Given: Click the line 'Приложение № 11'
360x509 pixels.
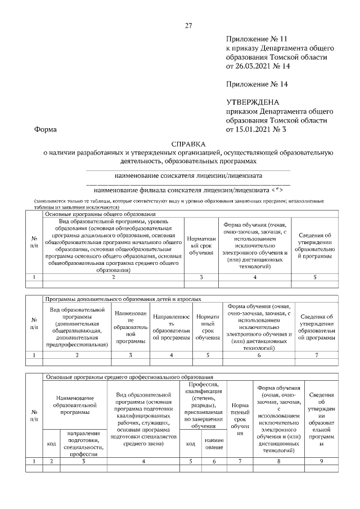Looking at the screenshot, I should pyautogui.click(x=256, y=39).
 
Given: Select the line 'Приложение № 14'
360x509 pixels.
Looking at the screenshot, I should pyautogui.click(x=256, y=84).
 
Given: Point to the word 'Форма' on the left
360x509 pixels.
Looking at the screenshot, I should pyautogui.click(x=46, y=129).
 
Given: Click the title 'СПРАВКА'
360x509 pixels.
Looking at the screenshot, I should pyautogui.click(x=188, y=144).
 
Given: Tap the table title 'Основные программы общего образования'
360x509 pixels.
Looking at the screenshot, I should pyautogui.click(x=100, y=214).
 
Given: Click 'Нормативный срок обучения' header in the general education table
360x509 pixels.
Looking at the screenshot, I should pyautogui.click(x=201, y=246).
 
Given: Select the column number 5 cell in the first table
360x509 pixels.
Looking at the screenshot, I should pyautogui.click(x=314, y=277).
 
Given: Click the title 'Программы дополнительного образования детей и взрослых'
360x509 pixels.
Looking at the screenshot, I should pyautogui.click(x=123, y=299).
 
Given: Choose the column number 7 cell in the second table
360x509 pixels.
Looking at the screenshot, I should pyautogui.click(x=316, y=355).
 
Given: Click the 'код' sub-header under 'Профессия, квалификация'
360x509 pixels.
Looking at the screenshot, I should pyautogui.click(x=190, y=443).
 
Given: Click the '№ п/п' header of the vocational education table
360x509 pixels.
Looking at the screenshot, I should pyautogui.click(x=34, y=416).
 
